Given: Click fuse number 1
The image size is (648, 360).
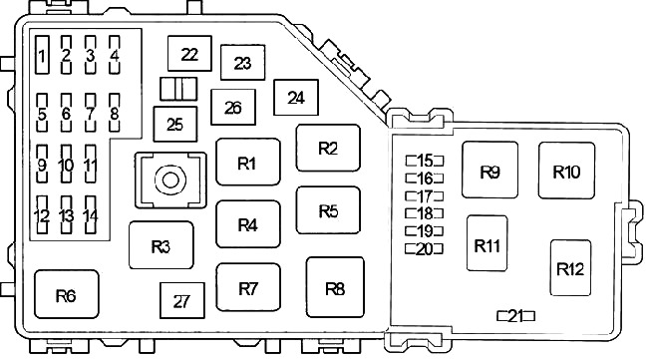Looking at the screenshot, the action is [x=42, y=55].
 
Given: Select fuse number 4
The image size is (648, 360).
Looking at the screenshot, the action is [x=115, y=55].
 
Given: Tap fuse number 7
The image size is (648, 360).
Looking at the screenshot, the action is [x=91, y=113].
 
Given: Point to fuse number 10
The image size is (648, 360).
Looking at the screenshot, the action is [x=66, y=164].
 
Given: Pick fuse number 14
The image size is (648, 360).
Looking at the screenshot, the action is [x=91, y=215].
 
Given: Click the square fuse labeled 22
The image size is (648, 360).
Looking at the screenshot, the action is [x=189, y=53].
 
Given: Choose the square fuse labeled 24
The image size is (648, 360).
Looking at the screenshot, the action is [x=296, y=98].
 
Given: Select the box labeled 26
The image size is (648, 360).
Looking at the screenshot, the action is [x=233, y=107].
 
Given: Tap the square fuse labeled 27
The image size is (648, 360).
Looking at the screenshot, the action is [x=182, y=300].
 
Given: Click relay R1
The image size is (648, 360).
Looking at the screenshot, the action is [x=248, y=162].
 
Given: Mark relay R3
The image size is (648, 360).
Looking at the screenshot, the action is [x=162, y=245].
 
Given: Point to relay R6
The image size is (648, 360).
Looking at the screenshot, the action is [x=67, y=294].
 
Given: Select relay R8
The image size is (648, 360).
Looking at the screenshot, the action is [x=335, y=287].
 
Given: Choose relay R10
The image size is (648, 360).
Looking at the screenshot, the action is [x=566, y=171].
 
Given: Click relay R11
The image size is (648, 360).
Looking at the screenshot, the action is [x=487, y=243].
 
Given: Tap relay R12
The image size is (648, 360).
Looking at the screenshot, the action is [x=570, y=268].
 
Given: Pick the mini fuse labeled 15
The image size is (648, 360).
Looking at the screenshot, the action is [x=425, y=161].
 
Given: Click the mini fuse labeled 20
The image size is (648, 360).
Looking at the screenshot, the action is [x=425, y=249].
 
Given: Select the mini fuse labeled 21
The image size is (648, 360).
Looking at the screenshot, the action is [x=515, y=316].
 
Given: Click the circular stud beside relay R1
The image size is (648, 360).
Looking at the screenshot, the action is [x=170, y=180].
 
